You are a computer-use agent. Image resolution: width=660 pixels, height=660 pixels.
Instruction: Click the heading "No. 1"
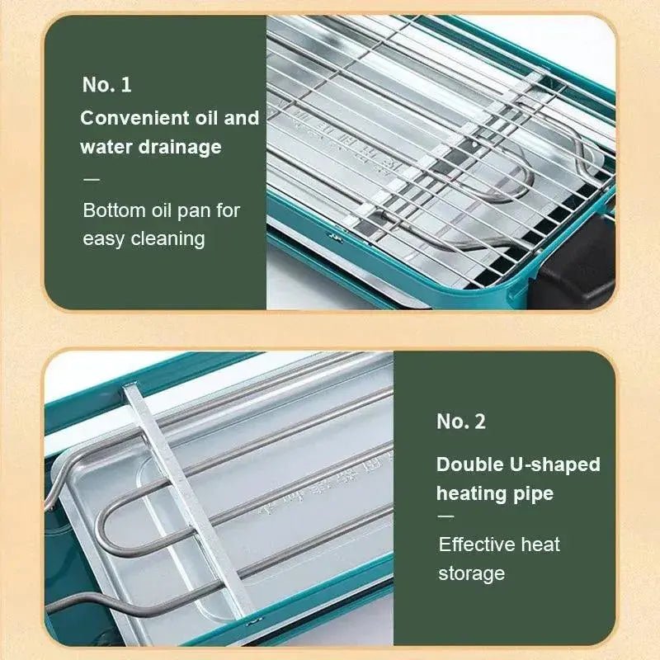107,85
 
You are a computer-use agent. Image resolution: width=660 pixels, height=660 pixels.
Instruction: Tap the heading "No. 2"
461,422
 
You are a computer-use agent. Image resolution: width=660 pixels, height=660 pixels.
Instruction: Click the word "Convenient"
134,118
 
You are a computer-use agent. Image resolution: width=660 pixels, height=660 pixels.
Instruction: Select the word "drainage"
180,147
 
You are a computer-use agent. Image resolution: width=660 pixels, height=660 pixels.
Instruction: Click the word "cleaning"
168,239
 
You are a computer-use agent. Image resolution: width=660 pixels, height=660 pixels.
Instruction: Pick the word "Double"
469,464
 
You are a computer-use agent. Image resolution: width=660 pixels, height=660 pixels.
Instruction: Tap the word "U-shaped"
554,465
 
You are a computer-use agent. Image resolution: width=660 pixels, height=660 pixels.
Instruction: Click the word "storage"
471,573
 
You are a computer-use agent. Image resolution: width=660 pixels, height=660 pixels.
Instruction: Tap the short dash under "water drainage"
92,179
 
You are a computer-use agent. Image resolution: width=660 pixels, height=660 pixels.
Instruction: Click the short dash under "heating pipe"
446,516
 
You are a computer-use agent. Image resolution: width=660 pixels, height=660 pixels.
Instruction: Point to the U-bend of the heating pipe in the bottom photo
102,526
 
